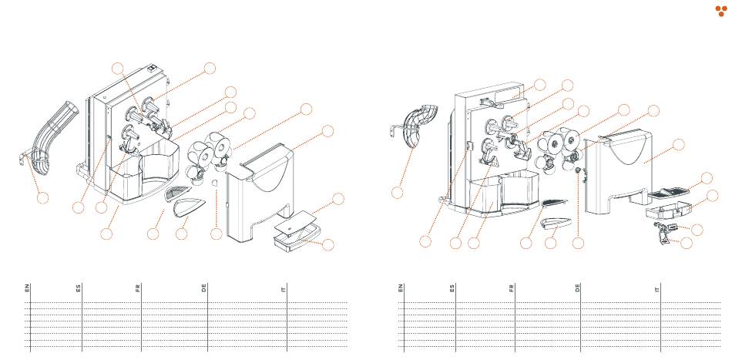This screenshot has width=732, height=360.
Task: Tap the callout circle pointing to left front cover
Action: click(x=329, y=131)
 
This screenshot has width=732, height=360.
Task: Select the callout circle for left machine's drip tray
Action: click(x=329, y=245)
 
